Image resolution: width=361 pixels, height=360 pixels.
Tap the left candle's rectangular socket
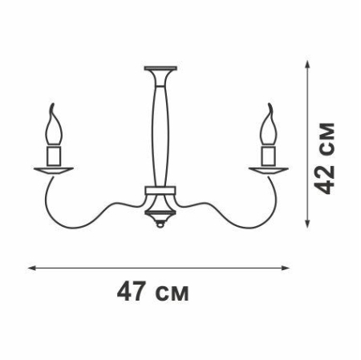click(55, 154)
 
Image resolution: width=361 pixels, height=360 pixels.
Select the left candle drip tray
click(55, 168)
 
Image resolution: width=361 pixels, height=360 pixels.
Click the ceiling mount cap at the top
click(160, 67)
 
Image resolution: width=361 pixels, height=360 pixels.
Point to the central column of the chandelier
click(160, 128)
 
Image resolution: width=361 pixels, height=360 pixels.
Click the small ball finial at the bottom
click(160, 227)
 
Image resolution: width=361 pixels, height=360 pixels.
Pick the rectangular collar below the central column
click(160, 192)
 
